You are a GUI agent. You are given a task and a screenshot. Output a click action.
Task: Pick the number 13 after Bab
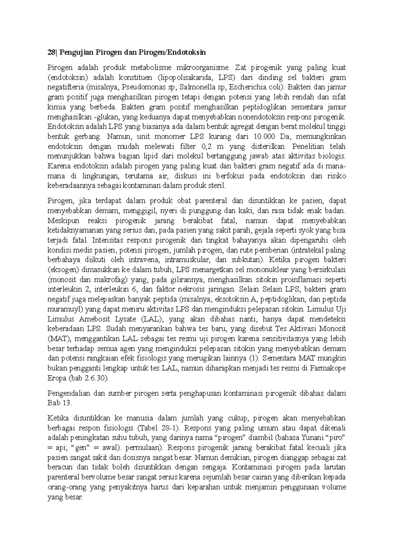click(66, 403)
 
